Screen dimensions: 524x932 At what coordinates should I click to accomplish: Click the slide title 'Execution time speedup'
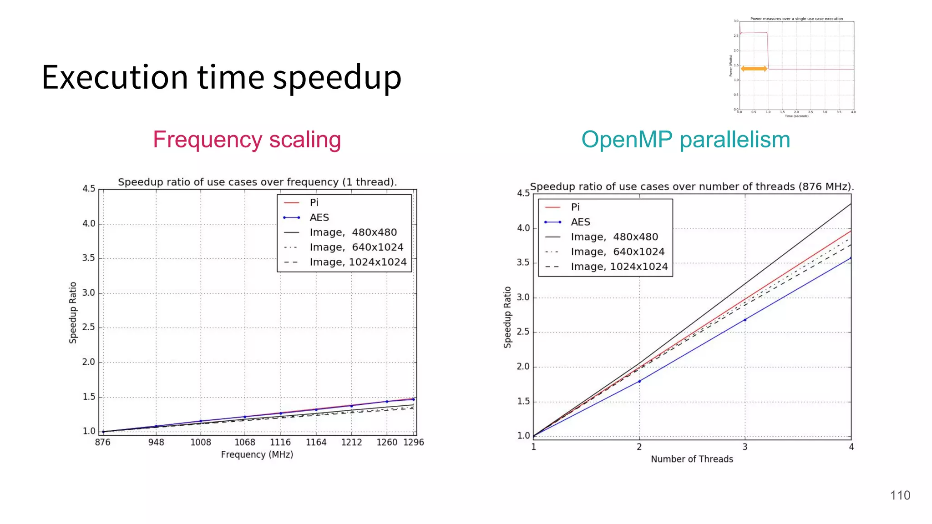tap(221, 77)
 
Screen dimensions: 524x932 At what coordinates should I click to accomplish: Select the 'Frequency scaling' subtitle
tap(247, 140)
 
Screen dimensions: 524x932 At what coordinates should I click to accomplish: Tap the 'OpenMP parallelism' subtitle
tap(685, 140)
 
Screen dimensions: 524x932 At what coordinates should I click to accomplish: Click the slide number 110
tap(900, 495)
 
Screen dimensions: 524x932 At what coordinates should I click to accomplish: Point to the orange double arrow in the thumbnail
tap(754, 69)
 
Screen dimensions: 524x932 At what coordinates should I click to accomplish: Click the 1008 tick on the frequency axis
tap(201, 442)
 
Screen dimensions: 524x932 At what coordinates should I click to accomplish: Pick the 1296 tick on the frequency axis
tap(413, 442)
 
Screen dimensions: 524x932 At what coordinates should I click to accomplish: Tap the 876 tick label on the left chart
tap(103, 442)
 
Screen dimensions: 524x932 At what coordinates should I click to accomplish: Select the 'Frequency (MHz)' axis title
tap(257, 454)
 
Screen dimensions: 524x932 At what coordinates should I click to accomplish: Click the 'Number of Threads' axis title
tap(692, 459)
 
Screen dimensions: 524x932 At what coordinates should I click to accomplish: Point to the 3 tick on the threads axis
tap(745, 447)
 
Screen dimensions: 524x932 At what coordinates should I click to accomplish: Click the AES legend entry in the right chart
tap(580, 222)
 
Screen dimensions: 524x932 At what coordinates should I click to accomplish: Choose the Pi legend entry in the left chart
tap(314, 202)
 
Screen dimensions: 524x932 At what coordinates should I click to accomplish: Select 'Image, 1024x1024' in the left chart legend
tap(358, 262)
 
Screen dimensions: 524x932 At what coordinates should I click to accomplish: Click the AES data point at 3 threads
tap(745, 320)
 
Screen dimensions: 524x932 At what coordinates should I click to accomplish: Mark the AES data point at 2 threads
tap(639, 381)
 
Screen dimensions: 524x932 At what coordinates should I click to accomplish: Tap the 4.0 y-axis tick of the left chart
tap(89, 224)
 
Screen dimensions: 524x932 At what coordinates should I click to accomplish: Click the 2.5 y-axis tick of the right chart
tap(523, 332)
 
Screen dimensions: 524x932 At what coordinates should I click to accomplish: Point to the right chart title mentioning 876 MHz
tap(692, 186)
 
